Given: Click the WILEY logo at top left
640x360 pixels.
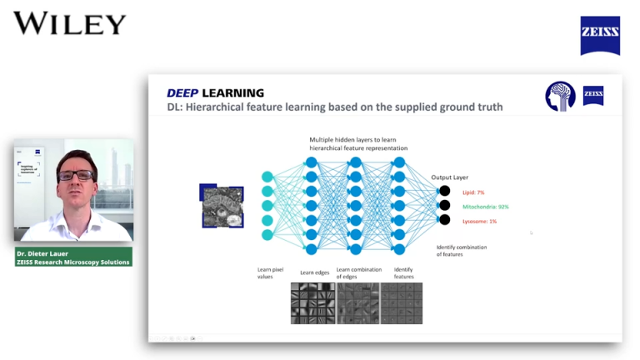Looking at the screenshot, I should click(70, 23).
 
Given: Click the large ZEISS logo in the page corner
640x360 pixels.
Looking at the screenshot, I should click(599, 36).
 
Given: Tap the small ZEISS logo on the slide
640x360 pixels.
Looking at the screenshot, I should click(593, 96).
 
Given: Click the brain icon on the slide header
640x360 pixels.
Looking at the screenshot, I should click(561, 97).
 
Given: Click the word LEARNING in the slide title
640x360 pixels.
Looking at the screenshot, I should click(237, 93).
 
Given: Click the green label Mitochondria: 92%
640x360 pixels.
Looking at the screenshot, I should click(486, 207).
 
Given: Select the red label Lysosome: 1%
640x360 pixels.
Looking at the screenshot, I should click(480, 221).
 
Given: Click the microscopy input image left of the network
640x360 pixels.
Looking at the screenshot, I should click(222, 206).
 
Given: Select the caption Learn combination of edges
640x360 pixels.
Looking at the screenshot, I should click(358, 272).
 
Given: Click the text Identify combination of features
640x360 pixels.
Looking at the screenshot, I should click(462, 251).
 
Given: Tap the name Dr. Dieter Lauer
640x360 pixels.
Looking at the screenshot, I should click(45, 253).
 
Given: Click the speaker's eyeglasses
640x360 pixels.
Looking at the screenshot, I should click(76, 175).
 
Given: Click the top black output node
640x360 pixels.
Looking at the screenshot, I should click(445, 191).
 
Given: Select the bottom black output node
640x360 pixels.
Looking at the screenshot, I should click(445, 220).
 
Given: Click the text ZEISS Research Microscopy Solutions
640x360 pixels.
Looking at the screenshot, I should click(73, 262).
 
